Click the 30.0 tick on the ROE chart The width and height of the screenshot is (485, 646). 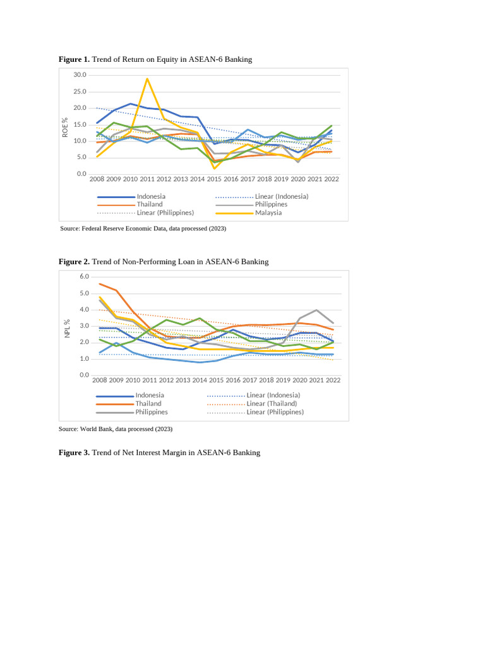click(80, 75)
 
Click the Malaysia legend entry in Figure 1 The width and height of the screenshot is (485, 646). click(268, 213)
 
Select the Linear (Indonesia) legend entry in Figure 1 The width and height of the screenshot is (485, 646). click(282, 196)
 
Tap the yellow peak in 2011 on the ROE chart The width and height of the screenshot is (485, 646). click(147, 79)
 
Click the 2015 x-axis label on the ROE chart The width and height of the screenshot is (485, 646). click(214, 179)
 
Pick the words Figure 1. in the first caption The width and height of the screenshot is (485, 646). click(74, 59)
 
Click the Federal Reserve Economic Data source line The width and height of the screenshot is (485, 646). click(142, 228)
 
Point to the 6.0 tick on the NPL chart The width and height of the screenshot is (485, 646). click(85, 277)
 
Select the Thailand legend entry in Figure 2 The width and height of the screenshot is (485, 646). click(148, 404)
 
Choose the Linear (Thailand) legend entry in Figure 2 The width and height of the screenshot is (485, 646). click(272, 404)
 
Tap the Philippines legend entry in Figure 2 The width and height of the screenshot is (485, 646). click(152, 412)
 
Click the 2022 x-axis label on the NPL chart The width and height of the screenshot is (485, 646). click(333, 380)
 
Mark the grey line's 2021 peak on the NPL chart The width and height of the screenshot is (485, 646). click(316, 310)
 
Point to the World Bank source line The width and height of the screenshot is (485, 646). click(115, 429)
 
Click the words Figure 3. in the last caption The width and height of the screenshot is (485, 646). click(74, 452)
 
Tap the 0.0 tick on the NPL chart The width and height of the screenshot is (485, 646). click(85, 375)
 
